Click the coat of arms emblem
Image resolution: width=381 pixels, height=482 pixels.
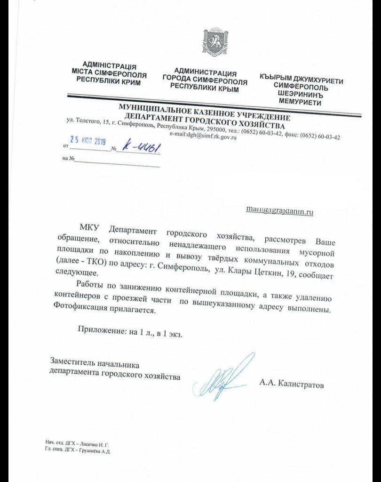[x=211, y=43]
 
